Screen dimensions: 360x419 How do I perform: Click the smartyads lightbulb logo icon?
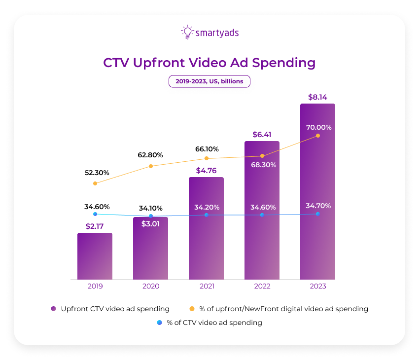click(187, 32)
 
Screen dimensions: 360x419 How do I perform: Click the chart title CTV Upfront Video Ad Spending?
click(209, 63)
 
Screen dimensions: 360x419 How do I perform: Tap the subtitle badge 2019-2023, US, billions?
click(209, 81)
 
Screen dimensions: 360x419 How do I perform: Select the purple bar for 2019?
click(95, 256)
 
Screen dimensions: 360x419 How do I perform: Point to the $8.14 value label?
click(317, 97)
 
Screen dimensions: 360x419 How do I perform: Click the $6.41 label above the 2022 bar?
click(262, 135)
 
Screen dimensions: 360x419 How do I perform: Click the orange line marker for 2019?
click(95, 183)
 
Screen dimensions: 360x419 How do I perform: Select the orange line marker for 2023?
click(317, 136)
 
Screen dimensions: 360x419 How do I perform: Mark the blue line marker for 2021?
click(206, 215)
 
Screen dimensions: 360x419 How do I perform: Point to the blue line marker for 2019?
click(95, 214)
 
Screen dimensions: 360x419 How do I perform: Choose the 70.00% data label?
click(318, 127)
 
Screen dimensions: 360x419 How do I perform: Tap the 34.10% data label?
click(150, 208)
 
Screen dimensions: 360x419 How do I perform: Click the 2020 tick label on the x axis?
click(150, 286)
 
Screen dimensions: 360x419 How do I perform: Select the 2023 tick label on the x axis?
click(317, 286)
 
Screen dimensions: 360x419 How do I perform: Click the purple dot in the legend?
click(54, 309)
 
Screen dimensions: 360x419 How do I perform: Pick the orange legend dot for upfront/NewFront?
click(192, 309)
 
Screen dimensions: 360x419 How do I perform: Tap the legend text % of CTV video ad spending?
click(214, 323)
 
